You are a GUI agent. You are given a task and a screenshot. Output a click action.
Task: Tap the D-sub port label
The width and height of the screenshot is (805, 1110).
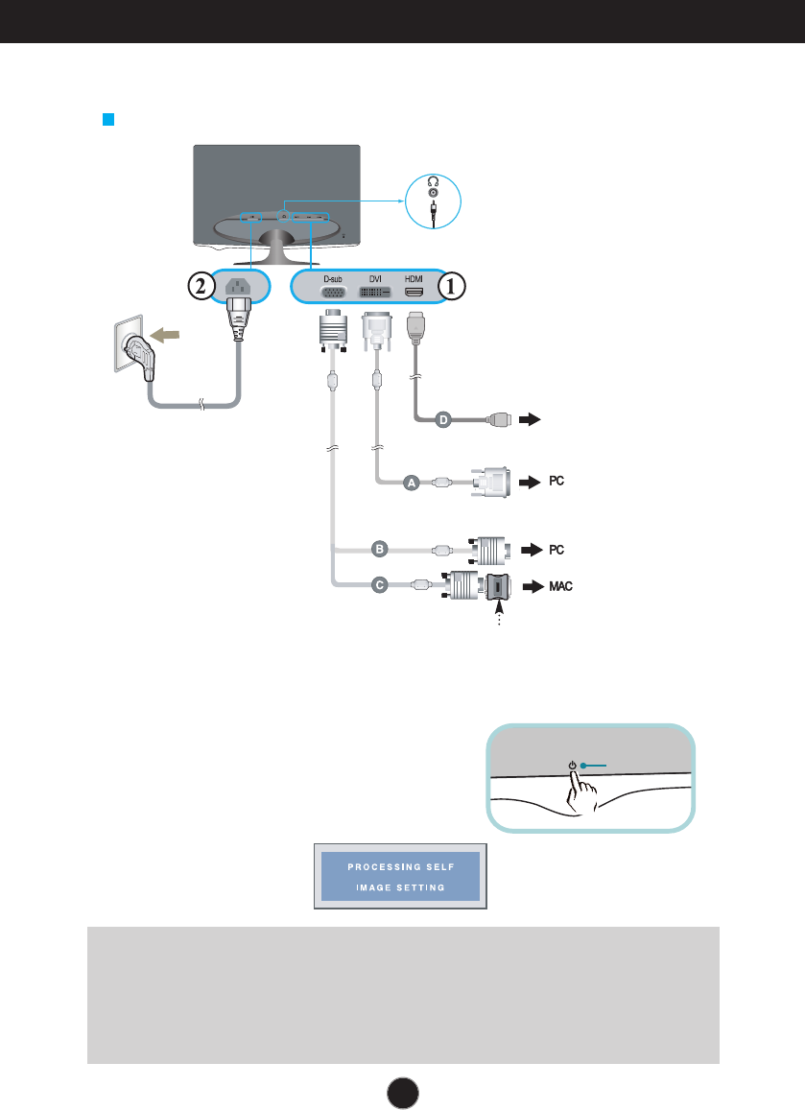coord(333,278)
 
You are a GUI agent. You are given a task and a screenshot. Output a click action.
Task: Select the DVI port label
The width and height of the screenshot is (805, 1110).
coord(375,278)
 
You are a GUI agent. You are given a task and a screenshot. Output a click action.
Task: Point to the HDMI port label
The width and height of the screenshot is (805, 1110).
coord(414,278)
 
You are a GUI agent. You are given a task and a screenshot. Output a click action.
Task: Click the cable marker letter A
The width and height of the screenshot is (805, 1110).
coord(412,484)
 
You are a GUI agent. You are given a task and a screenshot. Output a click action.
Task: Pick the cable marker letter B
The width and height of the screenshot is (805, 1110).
coord(380,550)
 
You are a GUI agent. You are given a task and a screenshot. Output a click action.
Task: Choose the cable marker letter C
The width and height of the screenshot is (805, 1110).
coord(380,583)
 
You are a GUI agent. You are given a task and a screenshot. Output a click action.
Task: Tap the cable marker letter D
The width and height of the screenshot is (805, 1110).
coord(443,419)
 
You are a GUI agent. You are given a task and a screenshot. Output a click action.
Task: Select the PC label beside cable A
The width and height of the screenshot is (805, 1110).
coord(556,482)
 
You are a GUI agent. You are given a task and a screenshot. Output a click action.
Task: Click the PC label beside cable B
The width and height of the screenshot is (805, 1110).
coord(556,550)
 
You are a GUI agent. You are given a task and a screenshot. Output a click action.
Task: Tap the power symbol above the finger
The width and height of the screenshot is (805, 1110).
coord(572,766)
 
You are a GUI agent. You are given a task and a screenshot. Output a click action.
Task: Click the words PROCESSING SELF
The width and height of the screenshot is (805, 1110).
coord(400,867)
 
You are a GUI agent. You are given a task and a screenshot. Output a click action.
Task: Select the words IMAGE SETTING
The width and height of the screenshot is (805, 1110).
coord(400,887)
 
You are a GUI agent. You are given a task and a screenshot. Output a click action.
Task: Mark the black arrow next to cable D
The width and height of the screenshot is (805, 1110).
coord(530,419)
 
